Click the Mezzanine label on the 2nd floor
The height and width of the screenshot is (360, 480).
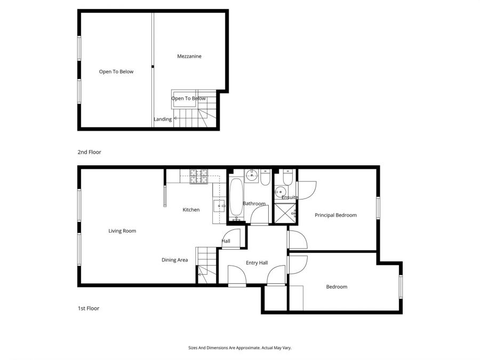point(189,56)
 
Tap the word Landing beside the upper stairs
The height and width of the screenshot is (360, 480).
point(163,119)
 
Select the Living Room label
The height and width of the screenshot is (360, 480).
point(122,231)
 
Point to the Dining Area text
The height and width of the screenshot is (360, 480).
point(175,260)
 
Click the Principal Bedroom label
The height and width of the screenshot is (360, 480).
point(335,215)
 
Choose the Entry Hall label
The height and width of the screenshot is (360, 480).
point(257,263)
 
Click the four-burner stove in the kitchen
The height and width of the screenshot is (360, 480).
point(199,176)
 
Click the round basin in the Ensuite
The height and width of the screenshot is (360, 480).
point(279,192)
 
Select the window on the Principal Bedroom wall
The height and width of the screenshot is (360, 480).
point(378,207)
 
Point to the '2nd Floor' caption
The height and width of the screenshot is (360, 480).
point(89,152)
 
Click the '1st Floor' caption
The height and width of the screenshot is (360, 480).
point(88,308)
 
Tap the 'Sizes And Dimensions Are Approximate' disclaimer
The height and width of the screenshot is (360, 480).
point(239,347)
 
